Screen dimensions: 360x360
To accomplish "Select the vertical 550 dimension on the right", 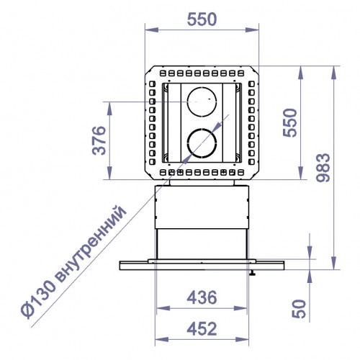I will click(x=289, y=122).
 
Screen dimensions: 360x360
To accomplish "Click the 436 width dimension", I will click(x=202, y=296).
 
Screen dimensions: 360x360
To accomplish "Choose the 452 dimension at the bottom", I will click(x=202, y=328).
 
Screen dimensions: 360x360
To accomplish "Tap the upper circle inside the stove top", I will click(x=202, y=100).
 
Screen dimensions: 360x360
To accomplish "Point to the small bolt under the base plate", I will click(x=253, y=273).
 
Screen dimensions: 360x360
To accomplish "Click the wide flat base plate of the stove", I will click(x=202, y=265).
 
